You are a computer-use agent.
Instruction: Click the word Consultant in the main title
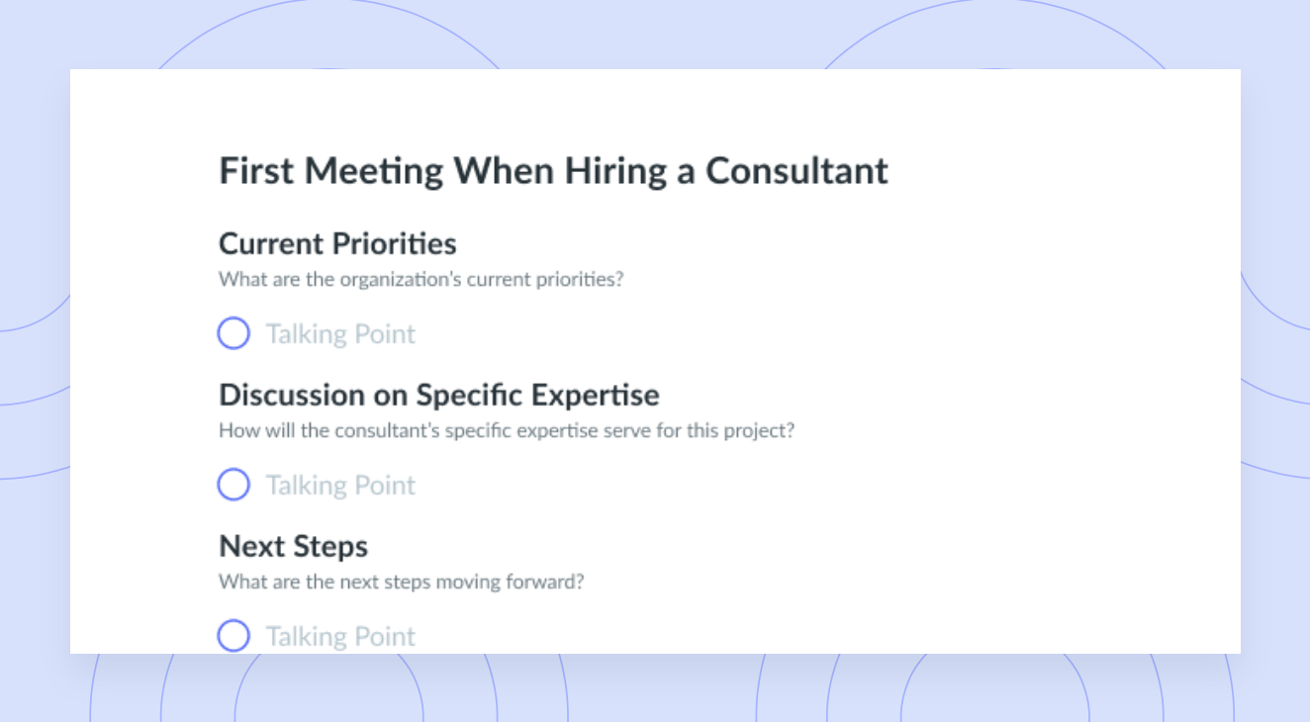point(796,171)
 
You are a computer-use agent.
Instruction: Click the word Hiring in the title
point(615,172)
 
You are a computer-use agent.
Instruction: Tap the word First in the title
point(255,171)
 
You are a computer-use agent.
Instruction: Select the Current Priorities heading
point(337,243)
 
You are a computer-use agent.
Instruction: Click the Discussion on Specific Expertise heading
point(439,396)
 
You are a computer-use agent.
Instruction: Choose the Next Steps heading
point(293,547)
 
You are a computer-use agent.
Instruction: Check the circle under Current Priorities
point(234,333)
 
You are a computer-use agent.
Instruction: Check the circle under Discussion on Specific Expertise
point(234,484)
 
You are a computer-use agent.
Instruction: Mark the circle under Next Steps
point(234,636)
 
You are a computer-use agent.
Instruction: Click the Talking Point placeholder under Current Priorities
point(341,334)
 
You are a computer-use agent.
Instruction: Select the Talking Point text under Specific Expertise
point(341,486)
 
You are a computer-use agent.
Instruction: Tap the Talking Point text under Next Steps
point(341,637)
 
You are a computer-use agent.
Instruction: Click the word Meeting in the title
point(373,172)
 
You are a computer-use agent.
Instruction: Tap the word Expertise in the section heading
point(596,396)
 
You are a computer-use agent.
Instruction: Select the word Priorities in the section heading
point(399,243)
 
